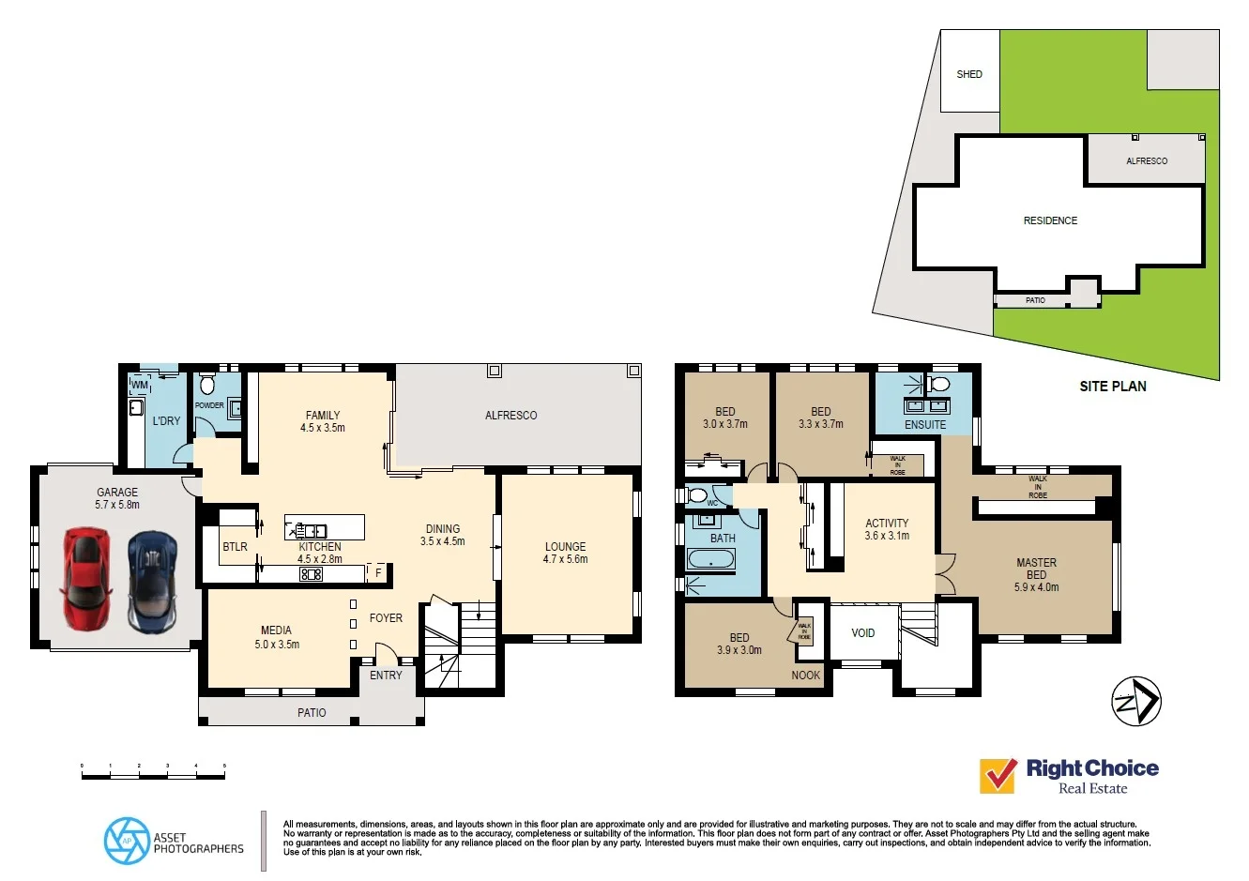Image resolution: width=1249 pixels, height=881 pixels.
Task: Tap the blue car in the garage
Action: pyautogui.click(x=152, y=582)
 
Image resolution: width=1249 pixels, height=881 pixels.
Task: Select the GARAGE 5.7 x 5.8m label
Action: pyautogui.click(x=117, y=498)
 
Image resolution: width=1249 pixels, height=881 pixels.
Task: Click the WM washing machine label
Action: pyautogui.click(x=140, y=386)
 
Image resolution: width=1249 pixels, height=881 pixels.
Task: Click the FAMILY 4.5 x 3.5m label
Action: pyautogui.click(x=323, y=421)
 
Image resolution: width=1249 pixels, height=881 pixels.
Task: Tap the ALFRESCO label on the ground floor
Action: pyautogui.click(x=511, y=415)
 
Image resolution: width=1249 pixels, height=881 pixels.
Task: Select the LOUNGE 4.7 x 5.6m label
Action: pyautogui.click(x=565, y=553)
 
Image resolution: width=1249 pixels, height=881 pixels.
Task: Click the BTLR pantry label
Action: pyautogui.click(x=236, y=547)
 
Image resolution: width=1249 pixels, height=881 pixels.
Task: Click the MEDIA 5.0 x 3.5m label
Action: pyautogui.click(x=277, y=637)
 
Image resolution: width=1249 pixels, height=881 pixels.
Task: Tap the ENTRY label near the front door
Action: pyautogui.click(x=386, y=676)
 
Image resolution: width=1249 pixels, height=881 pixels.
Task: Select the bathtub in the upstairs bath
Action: pyautogui.click(x=710, y=561)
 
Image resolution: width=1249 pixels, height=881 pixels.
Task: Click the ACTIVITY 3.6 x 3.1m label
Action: pyautogui.click(x=887, y=529)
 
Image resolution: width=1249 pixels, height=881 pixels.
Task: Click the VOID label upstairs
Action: pyautogui.click(x=863, y=633)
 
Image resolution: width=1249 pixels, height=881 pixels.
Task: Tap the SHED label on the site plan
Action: pyautogui.click(x=969, y=74)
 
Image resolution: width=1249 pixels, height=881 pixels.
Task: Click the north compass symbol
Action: pyautogui.click(x=1136, y=702)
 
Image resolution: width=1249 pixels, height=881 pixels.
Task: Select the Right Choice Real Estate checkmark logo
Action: pyautogui.click(x=998, y=776)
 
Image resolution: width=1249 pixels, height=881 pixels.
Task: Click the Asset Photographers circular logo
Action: pyautogui.click(x=127, y=841)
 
